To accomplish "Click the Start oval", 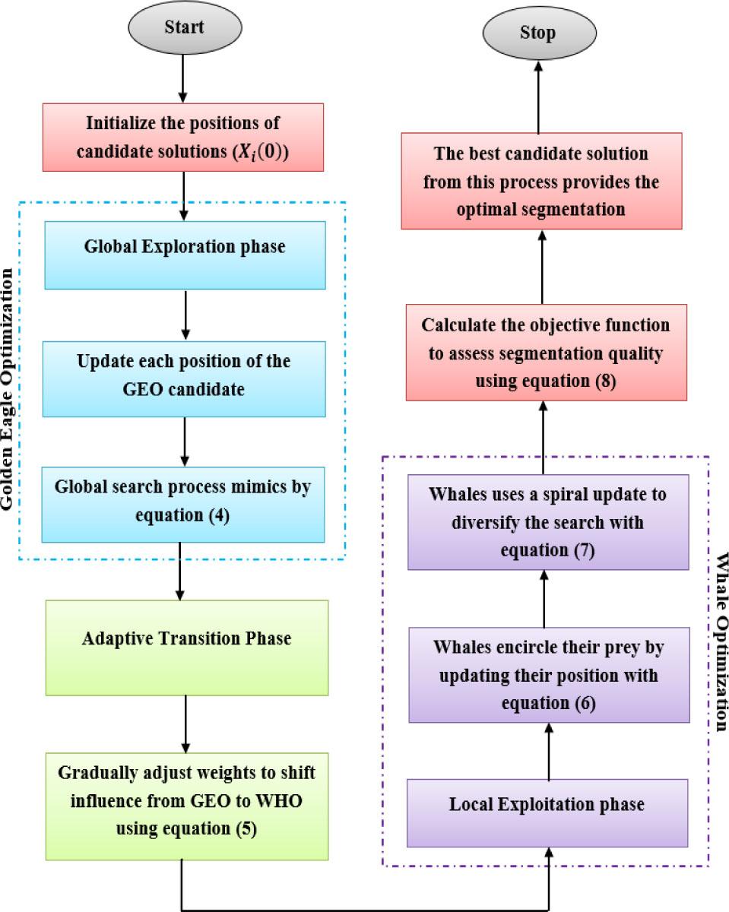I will click(185, 28).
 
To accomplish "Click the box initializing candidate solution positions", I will click(183, 137).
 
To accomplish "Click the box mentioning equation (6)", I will click(549, 675).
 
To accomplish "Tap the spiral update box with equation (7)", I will click(548, 522).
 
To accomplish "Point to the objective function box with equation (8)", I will click(546, 353).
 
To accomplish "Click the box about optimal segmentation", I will click(541, 181).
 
